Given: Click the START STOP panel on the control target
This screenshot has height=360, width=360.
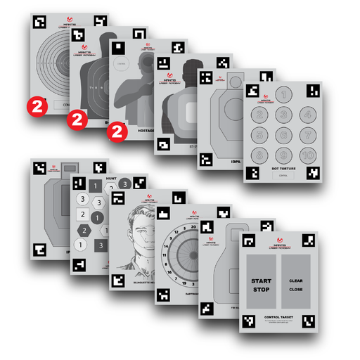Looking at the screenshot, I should click(x=262, y=284).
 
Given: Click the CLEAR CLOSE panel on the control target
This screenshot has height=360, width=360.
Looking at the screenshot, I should click(x=295, y=284).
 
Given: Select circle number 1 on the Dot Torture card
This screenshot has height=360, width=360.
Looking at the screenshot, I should click(x=283, y=94).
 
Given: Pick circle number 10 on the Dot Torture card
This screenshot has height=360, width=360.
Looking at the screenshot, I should click(x=307, y=155).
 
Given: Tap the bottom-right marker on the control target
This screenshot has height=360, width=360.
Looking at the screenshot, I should click(x=308, y=321).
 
